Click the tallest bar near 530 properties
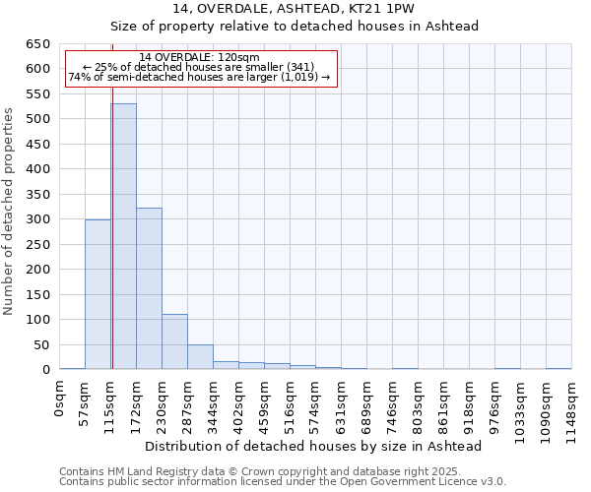[123, 236]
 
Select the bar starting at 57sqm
[98, 294]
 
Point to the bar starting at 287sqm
[200, 357]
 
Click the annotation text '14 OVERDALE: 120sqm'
[200, 58]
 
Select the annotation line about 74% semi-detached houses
[200, 77]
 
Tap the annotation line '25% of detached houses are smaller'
[200, 67]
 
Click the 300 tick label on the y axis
[37, 219]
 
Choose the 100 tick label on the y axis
[37, 320]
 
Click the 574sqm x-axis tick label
[316, 400]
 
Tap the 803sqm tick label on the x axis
[419, 400]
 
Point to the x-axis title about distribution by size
[312, 446]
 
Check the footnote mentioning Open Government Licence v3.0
[283, 482]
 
